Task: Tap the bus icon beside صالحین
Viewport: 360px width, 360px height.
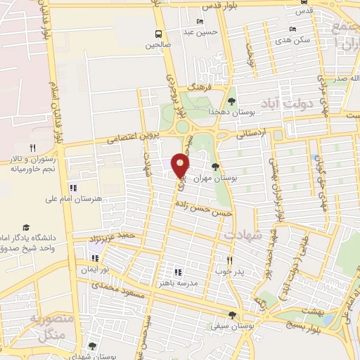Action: click(x=159, y=33)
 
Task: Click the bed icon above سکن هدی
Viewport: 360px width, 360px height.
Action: click(x=292, y=29)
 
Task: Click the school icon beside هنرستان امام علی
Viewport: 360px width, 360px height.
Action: click(x=74, y=188)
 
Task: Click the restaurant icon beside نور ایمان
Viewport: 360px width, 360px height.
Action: click(x=94, y=258)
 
